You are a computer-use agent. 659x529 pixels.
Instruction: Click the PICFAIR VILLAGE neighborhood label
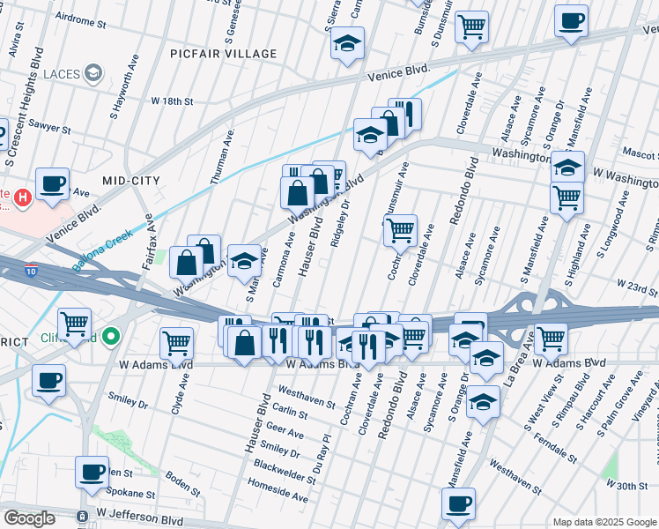pos(225,54)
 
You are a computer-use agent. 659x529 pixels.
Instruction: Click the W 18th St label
pos(172,101)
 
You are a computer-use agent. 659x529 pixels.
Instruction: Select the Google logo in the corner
pos(29,518)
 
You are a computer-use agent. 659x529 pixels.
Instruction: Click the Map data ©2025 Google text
pos(604,522)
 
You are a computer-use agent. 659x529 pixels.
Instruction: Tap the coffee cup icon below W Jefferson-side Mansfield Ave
pos(458,505)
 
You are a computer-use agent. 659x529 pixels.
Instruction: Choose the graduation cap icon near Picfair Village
pos(348,42)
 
